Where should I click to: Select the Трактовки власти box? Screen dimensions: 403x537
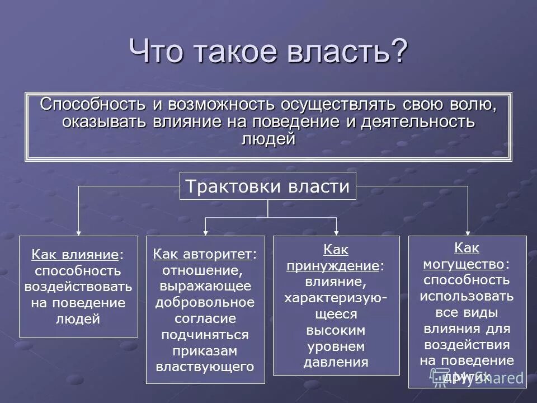click(x=267, y=186)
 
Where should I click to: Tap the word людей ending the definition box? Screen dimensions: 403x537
click(x=267, y=139)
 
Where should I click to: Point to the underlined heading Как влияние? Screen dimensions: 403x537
click(x=75, y=255)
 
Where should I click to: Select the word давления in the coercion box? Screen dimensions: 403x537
click(x=336, y=362)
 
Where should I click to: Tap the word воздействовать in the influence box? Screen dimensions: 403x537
click(x=78, y=287)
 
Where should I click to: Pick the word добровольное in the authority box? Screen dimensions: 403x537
click(x=205, y=302)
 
